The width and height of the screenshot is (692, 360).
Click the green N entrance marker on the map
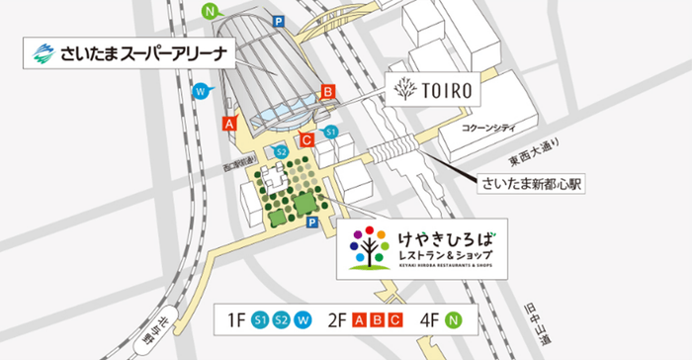[x=210, y=12]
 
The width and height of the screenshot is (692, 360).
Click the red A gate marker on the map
[x=229, y=125]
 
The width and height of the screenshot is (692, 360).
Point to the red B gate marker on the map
[x=327, y=92]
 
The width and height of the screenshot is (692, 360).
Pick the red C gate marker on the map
[x=306, y=140]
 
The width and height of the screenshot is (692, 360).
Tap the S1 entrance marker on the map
[x=332, y=132]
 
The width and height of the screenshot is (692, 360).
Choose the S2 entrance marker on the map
[x=282, y=151]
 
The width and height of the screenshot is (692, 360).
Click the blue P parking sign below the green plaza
[x=311, y=224]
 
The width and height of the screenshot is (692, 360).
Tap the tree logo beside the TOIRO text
[x=402, y=91]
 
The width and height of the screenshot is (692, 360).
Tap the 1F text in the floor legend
[x=236, y=319]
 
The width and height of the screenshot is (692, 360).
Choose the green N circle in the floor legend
[x=454, y=319]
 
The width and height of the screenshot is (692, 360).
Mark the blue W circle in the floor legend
[x=303, y=319]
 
